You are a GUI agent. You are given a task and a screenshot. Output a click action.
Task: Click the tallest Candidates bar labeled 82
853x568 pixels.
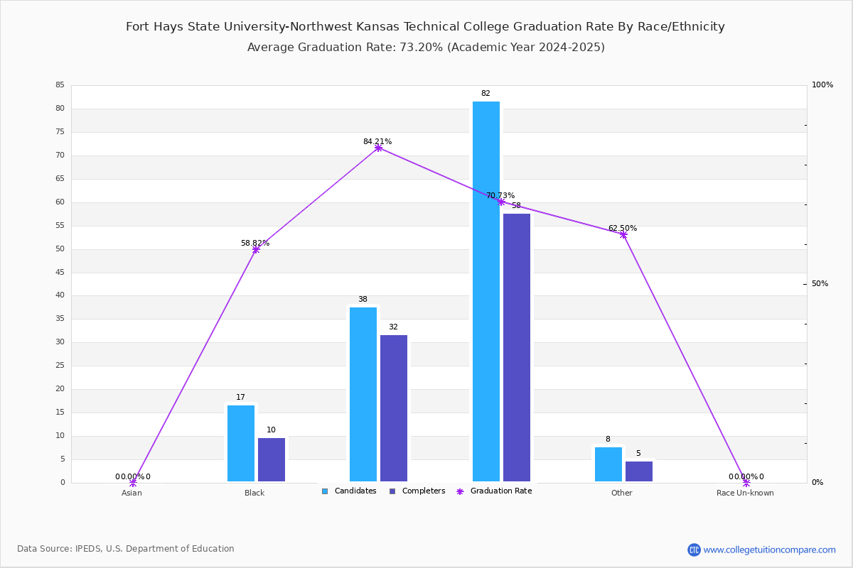[x=486, y=291]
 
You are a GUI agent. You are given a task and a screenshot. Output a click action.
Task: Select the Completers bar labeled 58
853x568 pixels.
[x=516, y=347]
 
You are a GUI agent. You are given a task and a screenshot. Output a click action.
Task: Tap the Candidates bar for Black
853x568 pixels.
[x=241, y=443]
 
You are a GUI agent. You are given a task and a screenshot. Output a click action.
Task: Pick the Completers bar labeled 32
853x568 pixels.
[x=394, y=408]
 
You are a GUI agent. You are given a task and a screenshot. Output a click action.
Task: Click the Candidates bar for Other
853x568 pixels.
[x=608, y=464]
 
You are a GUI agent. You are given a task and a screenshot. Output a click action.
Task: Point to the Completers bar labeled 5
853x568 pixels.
[x=638, y=471]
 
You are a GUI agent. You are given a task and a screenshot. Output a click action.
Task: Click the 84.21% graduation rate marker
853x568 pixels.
[x=378, y=148]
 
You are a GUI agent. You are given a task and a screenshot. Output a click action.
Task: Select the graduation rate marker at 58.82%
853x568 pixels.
[x=256, y=250]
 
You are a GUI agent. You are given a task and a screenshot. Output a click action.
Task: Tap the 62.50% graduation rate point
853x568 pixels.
[x=623, y=235]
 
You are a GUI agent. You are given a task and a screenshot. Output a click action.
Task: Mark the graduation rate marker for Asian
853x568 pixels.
[x=133, y=483]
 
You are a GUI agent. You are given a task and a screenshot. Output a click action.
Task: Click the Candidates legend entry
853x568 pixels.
[x=349, y=491]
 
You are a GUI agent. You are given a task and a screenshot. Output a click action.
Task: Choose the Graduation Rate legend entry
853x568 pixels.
[x=494, y=491]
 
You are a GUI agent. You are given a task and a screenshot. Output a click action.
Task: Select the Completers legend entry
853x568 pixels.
[x=417, y=491]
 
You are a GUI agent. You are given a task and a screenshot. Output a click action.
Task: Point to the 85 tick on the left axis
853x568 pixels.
[x=60, y=84]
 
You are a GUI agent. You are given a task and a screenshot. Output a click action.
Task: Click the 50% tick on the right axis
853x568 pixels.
[x=820, y=284]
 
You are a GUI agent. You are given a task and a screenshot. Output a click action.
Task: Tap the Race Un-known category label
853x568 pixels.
[x=745, y=493]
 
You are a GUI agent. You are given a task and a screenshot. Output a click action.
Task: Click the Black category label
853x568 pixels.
[x=254, y=493]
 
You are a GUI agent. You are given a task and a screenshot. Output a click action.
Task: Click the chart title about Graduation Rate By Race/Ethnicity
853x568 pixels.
[x=425, y=27]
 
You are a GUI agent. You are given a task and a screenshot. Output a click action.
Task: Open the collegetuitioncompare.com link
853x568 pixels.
[x=769, y=550]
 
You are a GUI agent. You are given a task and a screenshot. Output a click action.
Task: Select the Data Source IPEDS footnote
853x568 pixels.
[x=126, y=549]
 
